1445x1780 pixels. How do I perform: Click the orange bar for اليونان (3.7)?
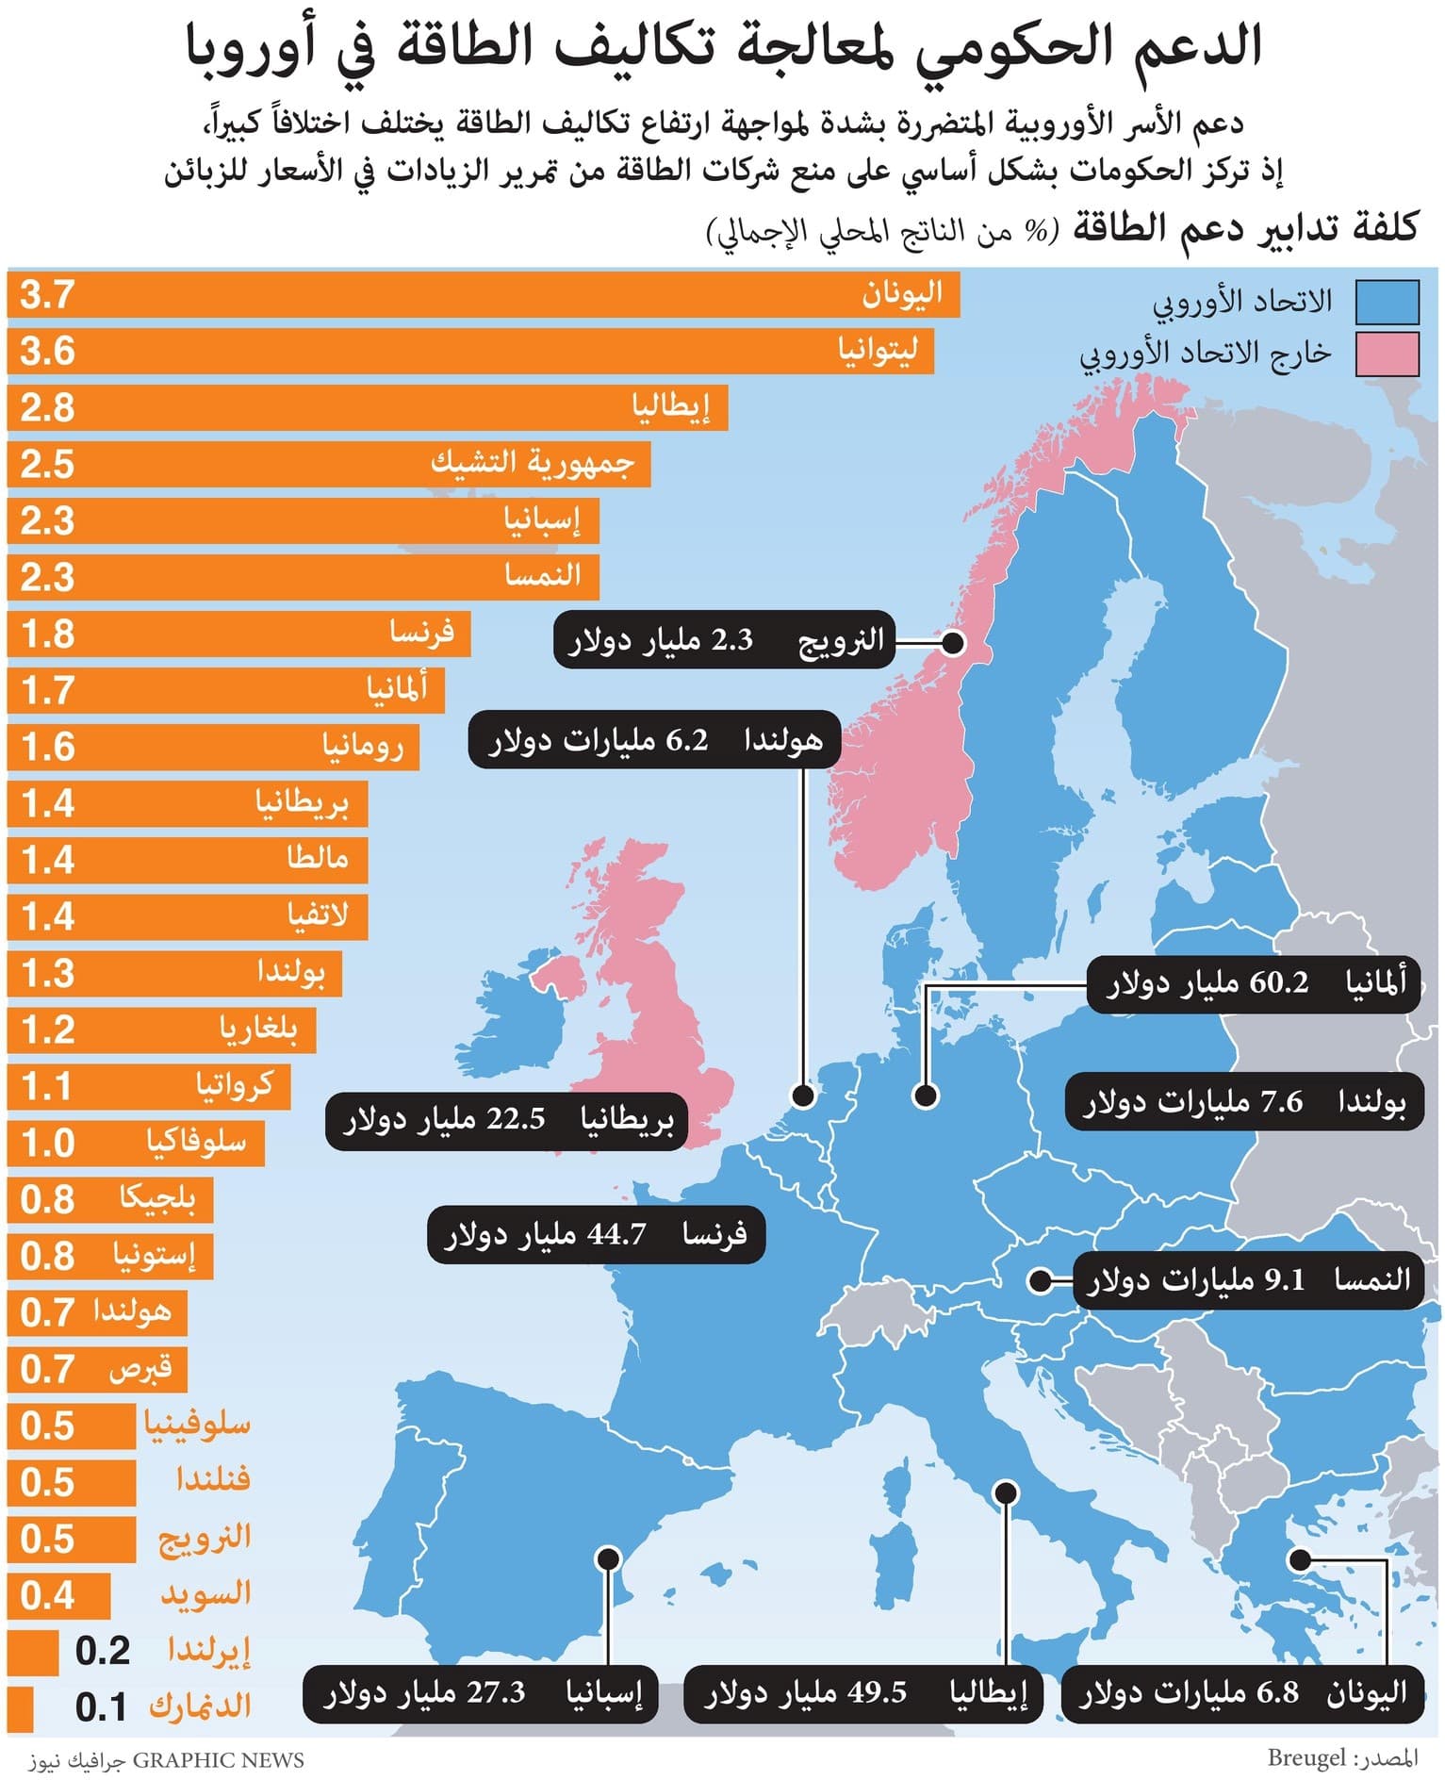[x=483, y=295]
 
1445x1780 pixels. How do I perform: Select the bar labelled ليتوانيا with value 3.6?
[x=470, y=352]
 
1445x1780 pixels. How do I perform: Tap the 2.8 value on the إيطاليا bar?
[x=47, y=408]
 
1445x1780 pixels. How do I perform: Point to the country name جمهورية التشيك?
[x=533, y=464]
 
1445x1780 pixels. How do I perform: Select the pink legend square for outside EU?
[x=1387, y=354]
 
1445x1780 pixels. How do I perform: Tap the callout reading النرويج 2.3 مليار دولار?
[x=724, y=641]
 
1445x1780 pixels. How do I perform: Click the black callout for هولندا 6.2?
[x=654, y=741]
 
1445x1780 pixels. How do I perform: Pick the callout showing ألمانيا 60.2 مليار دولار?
[x=1254, y=984]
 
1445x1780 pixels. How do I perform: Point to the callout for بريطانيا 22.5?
[x=507, y=1120]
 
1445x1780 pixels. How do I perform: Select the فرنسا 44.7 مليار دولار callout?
[x=596, y=1234]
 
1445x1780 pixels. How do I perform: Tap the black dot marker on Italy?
[x=1006, y=1492]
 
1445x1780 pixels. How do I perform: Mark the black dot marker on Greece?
[x=1300, y=1560]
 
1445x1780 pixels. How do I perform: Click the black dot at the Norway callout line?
[x=953, y=644]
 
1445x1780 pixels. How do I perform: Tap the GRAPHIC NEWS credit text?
[x=219, y=1760]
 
